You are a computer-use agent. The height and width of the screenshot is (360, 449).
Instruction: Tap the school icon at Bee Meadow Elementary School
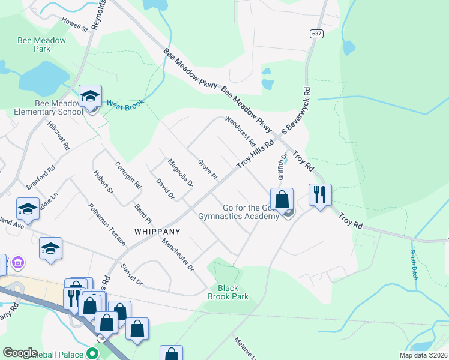click(91, 97)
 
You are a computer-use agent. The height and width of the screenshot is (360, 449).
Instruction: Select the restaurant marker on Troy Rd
click(319, 194)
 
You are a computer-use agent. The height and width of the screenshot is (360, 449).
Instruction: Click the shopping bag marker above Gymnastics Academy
click(282, 199)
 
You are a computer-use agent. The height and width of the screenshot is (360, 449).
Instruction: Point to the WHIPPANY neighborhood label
click(157, 230)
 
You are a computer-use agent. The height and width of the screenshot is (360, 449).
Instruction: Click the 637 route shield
click(317, 34)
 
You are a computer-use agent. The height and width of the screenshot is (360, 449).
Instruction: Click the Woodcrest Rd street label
click(241, 133)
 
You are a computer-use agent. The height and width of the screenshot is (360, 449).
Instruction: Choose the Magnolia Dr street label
click(180, 173)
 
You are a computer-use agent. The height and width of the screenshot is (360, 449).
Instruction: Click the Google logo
click(20, 353)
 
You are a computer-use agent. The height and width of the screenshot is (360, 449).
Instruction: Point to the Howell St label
click(74, 23)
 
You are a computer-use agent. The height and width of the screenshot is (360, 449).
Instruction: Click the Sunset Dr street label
click(132, 274)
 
